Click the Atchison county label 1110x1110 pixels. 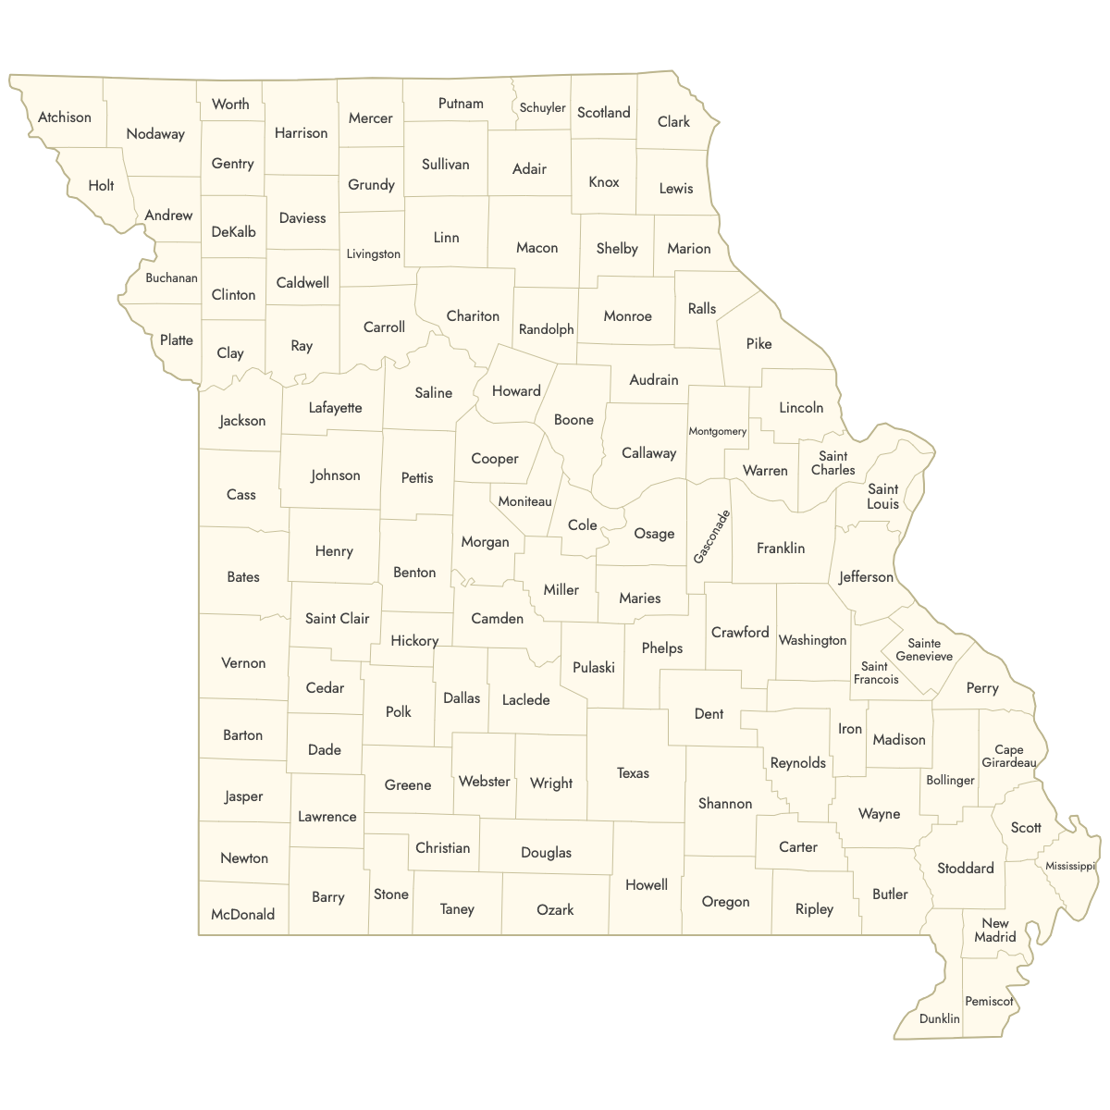tap(65, 117)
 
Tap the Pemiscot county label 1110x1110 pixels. tap(989, 1001)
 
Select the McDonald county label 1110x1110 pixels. tap(242, 914)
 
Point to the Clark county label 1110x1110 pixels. tap(673, 121)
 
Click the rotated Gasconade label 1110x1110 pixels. tap(711, 536)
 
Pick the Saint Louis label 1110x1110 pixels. tap(882, 497)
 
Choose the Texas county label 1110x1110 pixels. tap(633, 772)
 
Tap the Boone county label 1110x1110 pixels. tap(573, 419)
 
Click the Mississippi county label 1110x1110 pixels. tap(1070, 866)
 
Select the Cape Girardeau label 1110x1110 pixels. tap(1008, 756)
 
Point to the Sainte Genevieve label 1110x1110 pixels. tap(924, 649)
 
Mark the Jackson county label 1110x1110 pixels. tap(242, 420)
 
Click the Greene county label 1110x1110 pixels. tap(407, 784)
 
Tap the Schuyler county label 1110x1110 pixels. tap(542, 107)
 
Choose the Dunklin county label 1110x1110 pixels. tap(939, 1018)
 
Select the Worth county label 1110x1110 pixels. tap(230, 104)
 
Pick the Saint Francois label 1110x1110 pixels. tap(875, 672)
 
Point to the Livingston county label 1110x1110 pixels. tap(373, 253)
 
